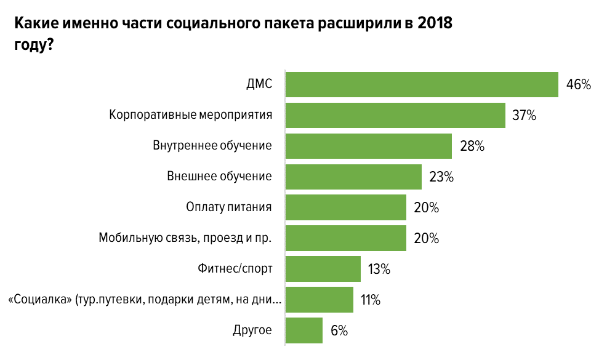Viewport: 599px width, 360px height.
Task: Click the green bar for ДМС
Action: coord(422,85)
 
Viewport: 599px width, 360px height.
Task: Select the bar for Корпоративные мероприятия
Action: coord(396,115)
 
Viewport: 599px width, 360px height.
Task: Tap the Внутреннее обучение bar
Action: coord(369,146)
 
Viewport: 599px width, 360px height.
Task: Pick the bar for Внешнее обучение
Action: coord(354,177)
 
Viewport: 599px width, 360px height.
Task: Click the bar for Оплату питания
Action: coord(347,207)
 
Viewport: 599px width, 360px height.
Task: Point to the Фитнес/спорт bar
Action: coord(324,269)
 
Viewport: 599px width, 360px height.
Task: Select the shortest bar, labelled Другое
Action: coord(305,330)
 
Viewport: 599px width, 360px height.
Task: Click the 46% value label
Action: coord(578,85)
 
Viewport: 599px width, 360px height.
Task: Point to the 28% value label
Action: coord(472,146)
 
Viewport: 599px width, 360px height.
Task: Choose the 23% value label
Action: coord(441,177)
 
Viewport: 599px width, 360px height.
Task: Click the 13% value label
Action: coord(379,270)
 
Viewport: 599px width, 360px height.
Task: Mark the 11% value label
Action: coord(371,300)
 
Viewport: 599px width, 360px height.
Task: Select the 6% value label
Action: coord(339,331)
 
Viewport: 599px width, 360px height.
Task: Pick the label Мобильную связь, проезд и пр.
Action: coord(185,238)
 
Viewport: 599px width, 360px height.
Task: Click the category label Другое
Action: coord(252,330)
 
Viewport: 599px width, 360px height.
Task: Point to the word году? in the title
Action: coord(33,46)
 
